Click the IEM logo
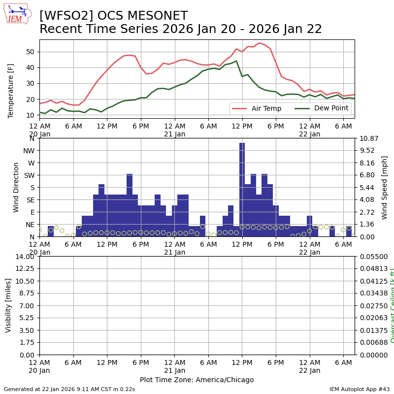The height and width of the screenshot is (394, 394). click(x=17, y=14)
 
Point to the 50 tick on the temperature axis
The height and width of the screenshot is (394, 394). click(x=30, y=52)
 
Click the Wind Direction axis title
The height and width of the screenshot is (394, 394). click(x=17, y=187)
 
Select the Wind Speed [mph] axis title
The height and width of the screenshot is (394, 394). click(x=385, y=187)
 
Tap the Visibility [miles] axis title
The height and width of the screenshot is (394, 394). click(x=8, y=305)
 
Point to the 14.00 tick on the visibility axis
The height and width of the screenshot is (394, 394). click(x=25, y=257)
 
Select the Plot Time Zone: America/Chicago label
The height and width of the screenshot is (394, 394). click(x=197, y=380)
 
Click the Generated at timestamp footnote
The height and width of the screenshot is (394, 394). click(x=69, y=389)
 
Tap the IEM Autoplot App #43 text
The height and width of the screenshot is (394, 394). click(x=360, y=389)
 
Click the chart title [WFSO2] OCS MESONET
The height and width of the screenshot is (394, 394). click(x=113, y=16)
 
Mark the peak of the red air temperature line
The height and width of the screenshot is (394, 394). click(x=259, y=43)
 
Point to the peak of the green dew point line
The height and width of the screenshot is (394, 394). click(x=236, y=61)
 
